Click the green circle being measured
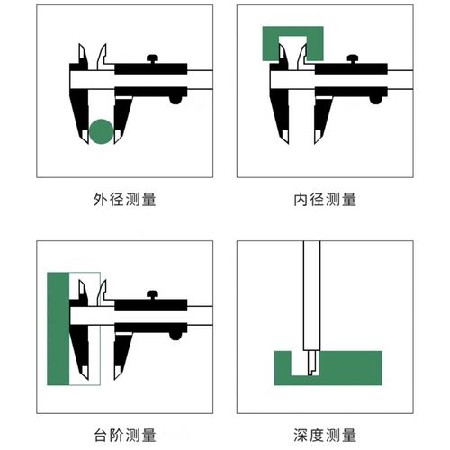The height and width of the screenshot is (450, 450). click(x=102, y=131)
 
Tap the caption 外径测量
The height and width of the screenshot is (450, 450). click(x=124, y=199)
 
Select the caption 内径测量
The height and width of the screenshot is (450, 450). click(x=325, y=199)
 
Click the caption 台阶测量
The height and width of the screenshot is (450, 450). click(x=124, y=435)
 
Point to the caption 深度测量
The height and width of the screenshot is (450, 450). click(x=325, y=435)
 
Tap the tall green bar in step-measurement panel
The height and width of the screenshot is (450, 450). click(x=58, y=328)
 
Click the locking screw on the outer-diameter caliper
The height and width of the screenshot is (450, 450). click(x=153, y=59)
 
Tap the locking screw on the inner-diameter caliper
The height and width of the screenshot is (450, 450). click(x=353, y=59)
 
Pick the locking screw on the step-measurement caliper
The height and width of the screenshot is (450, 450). click(x=153, y=294)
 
